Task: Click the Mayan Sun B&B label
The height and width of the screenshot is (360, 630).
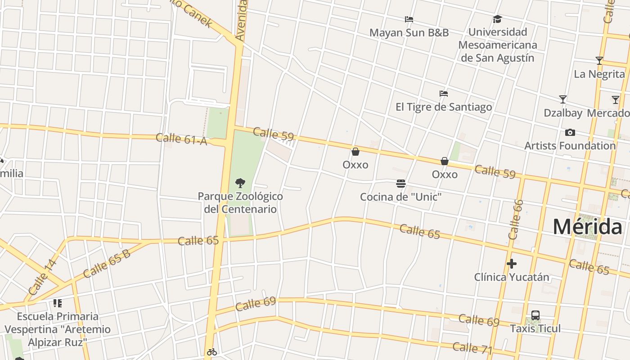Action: tap(409, 32)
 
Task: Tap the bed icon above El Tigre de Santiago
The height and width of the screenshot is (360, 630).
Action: tap(444, 94)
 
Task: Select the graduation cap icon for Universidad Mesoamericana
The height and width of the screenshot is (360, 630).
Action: tap(497, 19)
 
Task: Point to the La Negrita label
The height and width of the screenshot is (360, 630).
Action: tap(599, 74)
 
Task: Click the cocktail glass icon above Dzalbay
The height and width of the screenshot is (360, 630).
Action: tap(562, 99)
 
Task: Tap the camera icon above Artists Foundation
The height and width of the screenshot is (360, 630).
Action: tap(570, 132)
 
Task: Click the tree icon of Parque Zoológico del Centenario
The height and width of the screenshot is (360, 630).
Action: tap(240, 183)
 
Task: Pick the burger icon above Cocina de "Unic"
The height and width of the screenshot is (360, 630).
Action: tap(401, 184)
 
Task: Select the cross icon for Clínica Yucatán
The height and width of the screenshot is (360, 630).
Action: tap(511, 264)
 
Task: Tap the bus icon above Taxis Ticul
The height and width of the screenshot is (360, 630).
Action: tap(535, 315)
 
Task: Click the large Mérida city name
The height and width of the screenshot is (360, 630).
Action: tap(587, 226)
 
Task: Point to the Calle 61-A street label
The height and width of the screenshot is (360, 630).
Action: tap(181, 139)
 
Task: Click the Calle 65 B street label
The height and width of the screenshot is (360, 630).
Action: tap(107, 263)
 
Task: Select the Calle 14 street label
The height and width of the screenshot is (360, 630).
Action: tap(43, 277)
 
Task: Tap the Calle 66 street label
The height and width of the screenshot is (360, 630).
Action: tap(516, 219)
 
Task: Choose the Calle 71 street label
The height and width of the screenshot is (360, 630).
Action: tap(472, 348)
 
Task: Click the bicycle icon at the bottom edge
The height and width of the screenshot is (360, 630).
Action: tap(212, 352)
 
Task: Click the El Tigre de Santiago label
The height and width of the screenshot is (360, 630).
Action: tap(443, 107)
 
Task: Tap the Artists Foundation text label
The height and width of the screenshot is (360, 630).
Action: tap(570, 145)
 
